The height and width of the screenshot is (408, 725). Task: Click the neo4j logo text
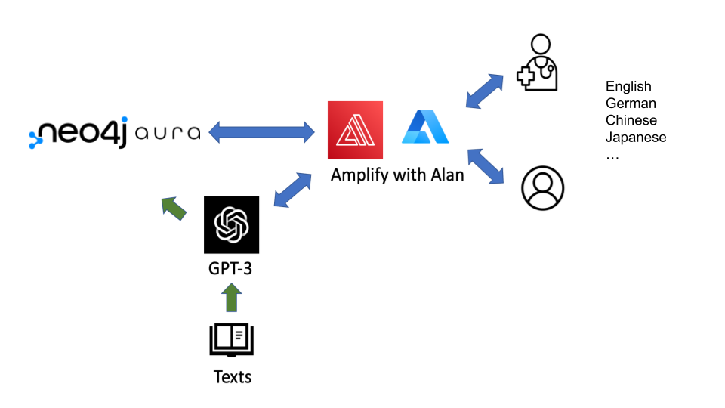(x=79, y=133)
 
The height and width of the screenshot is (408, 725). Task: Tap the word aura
(x=168, y=134)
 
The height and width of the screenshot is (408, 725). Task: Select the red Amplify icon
(x=355, y=130)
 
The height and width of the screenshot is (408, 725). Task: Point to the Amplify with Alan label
(x=397, y=175)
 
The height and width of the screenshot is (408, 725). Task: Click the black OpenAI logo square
(x=231, y=224)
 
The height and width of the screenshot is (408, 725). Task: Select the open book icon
(x=232, y=340)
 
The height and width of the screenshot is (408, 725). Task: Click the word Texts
(x=232, y=376)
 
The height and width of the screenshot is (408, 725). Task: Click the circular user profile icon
(x=543, y=188)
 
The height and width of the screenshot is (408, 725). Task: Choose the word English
(x=628, y=87)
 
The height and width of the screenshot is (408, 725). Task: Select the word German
(x=631, y=104)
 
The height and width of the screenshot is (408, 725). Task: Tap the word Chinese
(x=631, y=120)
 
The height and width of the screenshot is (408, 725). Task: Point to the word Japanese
(x=636, y=138)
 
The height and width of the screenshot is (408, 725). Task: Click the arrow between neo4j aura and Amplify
(x=261, y=133)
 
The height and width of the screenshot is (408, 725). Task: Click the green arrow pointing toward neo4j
(x=174, y=209)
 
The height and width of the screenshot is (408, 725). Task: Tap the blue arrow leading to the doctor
(x=485, y=91)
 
